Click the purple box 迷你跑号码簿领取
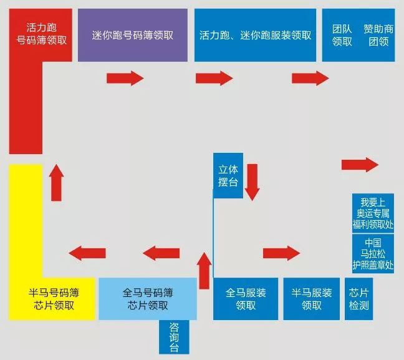tap(132, 36)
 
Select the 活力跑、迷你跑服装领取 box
tap(255, 36)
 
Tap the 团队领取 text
tap(342, 36)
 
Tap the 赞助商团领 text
tap(378, 36)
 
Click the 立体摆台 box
tap(228, 175)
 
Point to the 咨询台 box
tap(173, 337)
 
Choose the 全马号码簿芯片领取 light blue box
tap(148, 299)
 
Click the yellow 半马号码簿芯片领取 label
tap(54, 299)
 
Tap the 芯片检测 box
tap(359, 299)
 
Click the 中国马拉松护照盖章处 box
tap(373, 254)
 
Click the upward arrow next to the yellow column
tap(56, 182)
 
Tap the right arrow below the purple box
tap(125, 78)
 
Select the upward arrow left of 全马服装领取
tap(204, 270)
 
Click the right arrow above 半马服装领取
tap(281, 253)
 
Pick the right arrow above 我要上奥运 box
tap(360, 165)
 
